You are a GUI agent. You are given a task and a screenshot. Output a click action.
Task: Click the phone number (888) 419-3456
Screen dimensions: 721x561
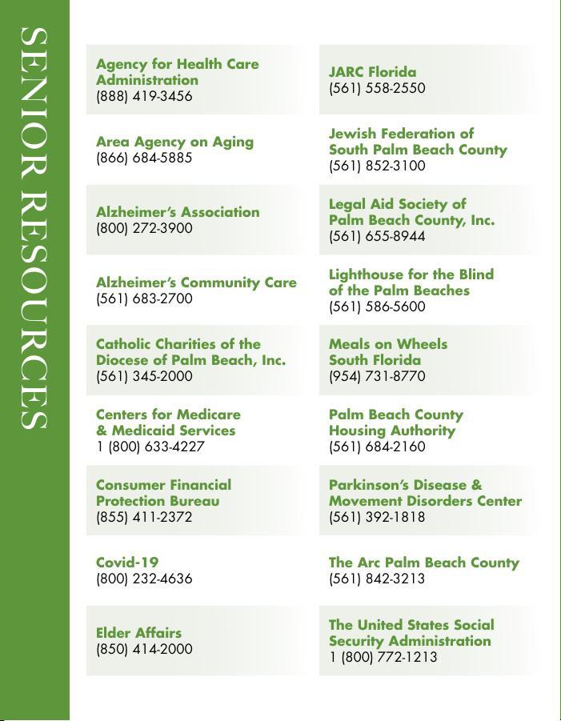coord(144,97)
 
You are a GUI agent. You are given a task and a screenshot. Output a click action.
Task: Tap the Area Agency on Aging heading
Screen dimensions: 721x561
coord(174,142)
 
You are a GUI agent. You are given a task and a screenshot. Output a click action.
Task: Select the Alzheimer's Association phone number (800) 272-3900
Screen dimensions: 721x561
coord(144,229)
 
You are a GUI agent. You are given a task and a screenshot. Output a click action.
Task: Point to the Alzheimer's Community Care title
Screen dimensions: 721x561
coord(196,283)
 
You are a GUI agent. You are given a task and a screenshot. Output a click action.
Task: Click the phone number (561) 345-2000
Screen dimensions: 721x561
coord(144,377)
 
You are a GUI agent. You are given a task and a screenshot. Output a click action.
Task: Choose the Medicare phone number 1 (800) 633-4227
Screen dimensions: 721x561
coord(150,447)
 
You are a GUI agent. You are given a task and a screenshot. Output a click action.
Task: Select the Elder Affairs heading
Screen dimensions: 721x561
coord(138,634)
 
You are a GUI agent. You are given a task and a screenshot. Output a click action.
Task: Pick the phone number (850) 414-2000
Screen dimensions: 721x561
coord(144,650)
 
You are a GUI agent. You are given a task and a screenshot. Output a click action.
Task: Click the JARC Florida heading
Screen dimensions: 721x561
coord(372,73)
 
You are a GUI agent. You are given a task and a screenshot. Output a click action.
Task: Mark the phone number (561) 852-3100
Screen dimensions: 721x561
coord(377,166)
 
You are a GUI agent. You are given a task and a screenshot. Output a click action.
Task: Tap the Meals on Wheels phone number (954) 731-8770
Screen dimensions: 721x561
coord(377,377)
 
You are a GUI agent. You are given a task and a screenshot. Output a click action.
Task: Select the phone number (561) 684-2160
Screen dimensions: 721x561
coord(377,447)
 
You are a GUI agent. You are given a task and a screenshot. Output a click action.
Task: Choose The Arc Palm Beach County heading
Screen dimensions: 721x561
coord(423,563)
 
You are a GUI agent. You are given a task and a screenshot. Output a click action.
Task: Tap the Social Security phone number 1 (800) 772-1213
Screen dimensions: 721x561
coord(383,658)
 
